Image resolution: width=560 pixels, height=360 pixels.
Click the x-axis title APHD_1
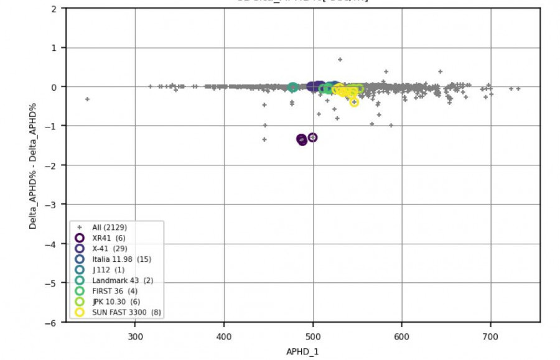(304, 352)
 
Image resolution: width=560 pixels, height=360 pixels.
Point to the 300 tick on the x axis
(135, 336)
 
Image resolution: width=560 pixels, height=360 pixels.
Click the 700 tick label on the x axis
(490, 336)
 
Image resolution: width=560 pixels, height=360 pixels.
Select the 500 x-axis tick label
(313, 336)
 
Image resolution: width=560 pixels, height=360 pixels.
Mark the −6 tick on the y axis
(54, 322)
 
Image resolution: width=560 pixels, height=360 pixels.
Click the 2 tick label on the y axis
(55, 9)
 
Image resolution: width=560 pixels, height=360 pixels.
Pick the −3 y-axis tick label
(54, 205)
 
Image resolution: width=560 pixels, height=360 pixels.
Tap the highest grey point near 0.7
(340, 60)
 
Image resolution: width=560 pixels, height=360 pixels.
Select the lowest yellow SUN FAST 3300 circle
(354, 102)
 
